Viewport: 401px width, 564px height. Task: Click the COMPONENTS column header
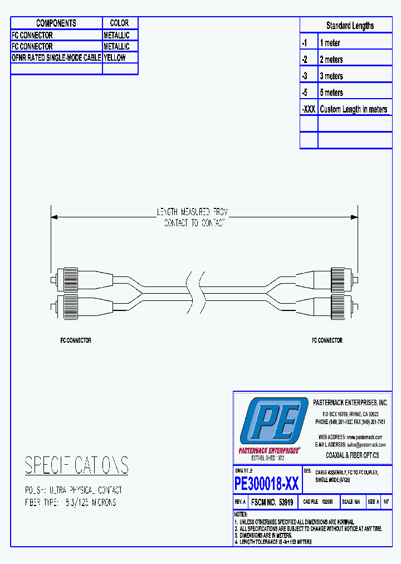(x=56, y=23)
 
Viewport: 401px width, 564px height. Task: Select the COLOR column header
(x=120, y=23)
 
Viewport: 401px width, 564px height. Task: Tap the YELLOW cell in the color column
(x=115, y=57)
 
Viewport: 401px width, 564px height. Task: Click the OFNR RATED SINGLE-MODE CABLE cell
(x=56, y=57)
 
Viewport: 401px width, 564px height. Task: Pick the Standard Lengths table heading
(x=350, y=26)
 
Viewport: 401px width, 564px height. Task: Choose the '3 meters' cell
(x=331, y=76)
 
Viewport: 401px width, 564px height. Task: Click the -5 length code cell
(x=305, y=93)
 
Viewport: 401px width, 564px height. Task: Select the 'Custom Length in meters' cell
(x=353, y=109)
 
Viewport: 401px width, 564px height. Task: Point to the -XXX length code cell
(x=309, y=109)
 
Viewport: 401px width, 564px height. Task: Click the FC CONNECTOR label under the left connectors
(x=76, y=340)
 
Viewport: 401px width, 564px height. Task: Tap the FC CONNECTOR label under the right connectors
(x=327, y=340)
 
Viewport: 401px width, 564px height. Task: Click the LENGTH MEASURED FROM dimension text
(x=192, y=212)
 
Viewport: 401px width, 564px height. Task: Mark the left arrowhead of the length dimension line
(x=53, y=217)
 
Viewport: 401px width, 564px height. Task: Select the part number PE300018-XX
(x=267, y=483)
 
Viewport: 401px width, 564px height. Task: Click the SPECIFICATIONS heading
(x=77, y=465)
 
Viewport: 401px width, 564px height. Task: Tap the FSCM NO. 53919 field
(x=272, y=502)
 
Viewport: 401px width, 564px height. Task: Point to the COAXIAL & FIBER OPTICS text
(x=352, y=455)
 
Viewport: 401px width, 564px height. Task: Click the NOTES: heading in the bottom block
(x=241, y=514)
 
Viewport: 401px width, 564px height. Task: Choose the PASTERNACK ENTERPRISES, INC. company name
(x=350, y=402)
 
